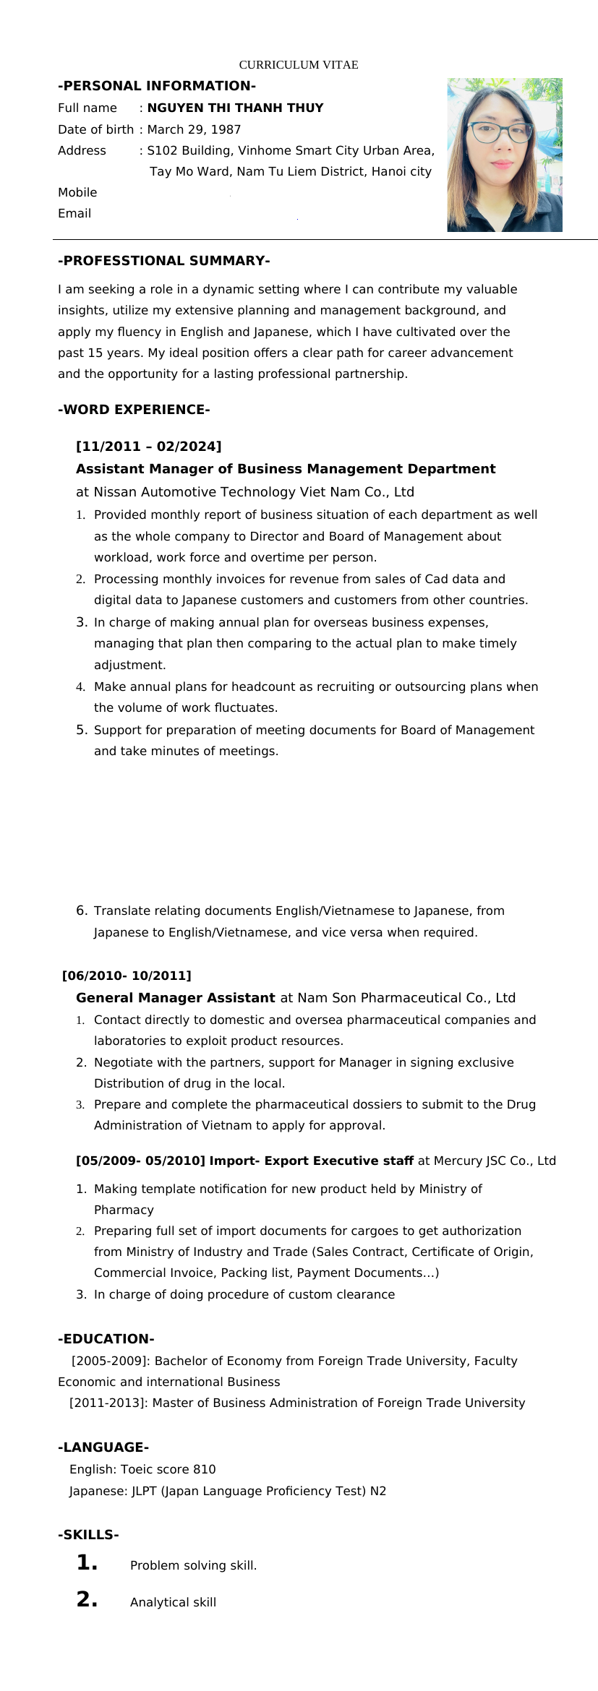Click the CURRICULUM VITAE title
298,65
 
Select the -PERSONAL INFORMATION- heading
157,86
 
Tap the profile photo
504,155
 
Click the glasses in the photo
498,132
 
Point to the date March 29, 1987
194,129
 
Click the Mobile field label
77,192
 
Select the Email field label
74,213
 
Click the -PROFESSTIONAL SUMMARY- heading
164,261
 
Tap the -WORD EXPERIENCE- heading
134,410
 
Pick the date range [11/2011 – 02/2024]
149,446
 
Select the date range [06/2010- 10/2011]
127,976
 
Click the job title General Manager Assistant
176,998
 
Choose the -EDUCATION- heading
106,1339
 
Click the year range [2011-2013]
109,1403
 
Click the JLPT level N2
378,1491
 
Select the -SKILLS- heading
88,1535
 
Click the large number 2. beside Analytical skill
87,1600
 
